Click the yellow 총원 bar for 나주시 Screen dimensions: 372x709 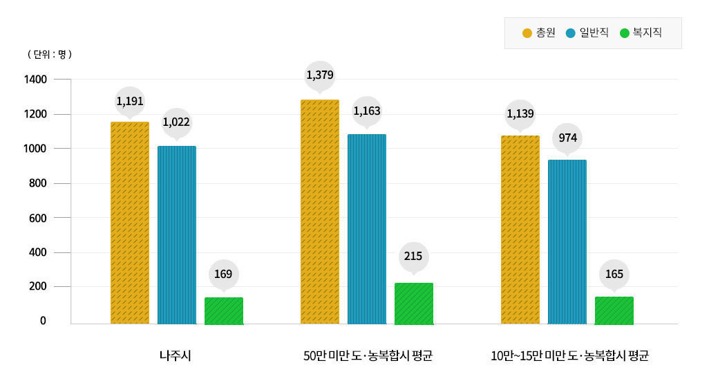130,223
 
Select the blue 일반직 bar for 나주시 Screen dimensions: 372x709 177,235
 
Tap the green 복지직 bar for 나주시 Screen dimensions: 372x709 224,310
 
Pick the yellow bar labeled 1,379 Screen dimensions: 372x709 320,212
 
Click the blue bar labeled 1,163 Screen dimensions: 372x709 367,229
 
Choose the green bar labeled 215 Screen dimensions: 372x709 414,304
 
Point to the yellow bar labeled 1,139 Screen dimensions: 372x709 520,230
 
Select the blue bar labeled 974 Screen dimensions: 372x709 567,242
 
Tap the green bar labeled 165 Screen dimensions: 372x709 614,310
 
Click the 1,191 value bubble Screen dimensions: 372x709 130,102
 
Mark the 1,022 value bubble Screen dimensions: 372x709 177,123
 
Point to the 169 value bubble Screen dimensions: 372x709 223,275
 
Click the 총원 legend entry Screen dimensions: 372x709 539,32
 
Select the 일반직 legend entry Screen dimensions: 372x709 587,32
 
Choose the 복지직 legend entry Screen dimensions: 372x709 641,32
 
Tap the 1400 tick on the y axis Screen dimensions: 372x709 35,80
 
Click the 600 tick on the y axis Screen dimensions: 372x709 38,218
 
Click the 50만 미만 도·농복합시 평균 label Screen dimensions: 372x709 368,356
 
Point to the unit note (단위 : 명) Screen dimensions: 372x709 49,53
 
